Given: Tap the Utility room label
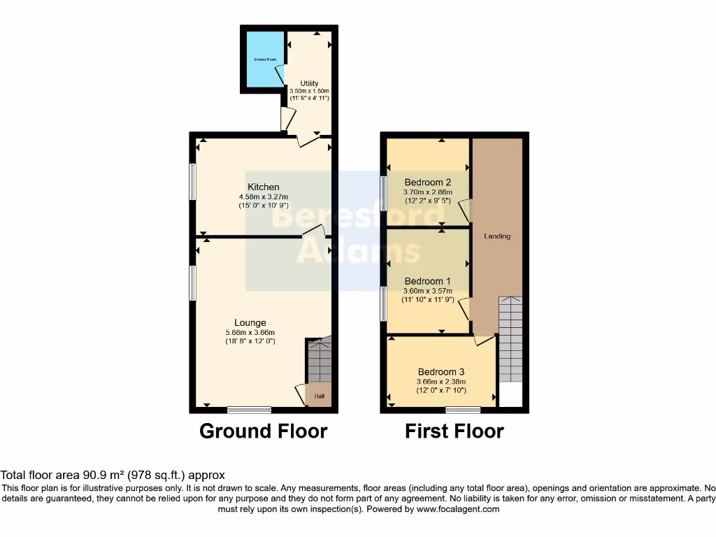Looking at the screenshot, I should [x=309, y=84].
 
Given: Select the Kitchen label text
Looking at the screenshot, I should [x=264, y=187].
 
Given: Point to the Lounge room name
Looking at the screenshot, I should [x=250, y=323].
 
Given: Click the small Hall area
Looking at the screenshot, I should [x=320, y=396].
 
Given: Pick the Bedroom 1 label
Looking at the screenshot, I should [x=427, y=281].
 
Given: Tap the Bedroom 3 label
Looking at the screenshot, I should [x=441, y=372].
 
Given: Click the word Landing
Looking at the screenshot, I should [x=497, y=236].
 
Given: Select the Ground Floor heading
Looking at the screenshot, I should [x=263, y=431].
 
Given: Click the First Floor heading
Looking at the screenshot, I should [x=454, y=431].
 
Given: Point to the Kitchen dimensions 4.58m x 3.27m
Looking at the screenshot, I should [x=264, y=196].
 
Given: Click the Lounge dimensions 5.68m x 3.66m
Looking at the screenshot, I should [x=250, y=332].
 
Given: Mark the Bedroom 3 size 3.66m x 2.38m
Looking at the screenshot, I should [x=441, y=381].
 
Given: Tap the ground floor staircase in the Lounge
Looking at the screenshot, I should [x=320, y=360].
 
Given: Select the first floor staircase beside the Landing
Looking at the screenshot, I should [x=510, y=339].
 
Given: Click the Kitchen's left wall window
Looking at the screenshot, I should [x=193, y=182].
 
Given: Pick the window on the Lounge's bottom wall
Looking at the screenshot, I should [x=249, y=410].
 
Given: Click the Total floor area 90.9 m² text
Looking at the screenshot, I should [x=113, y=475].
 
